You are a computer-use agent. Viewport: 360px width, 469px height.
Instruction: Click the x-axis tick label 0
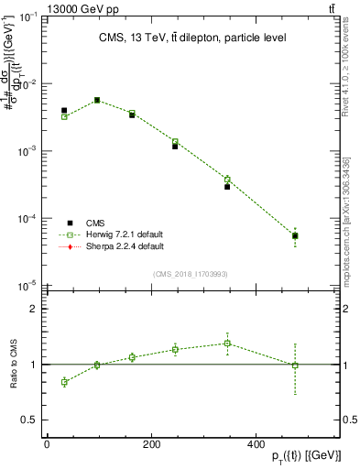pyautogui.click(x=47, y=445)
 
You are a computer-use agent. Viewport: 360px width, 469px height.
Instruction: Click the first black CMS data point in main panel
pyautogui.click(x=64, y=111)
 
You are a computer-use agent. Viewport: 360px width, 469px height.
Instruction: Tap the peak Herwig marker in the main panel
pyautogui.click(x=97, y=100)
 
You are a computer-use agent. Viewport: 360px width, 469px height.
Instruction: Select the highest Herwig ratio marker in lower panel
pyautogui.click(x=227, y=344)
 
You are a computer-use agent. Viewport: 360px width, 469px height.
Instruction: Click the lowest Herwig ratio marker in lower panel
pyautogui.click(x=64, y=382)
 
